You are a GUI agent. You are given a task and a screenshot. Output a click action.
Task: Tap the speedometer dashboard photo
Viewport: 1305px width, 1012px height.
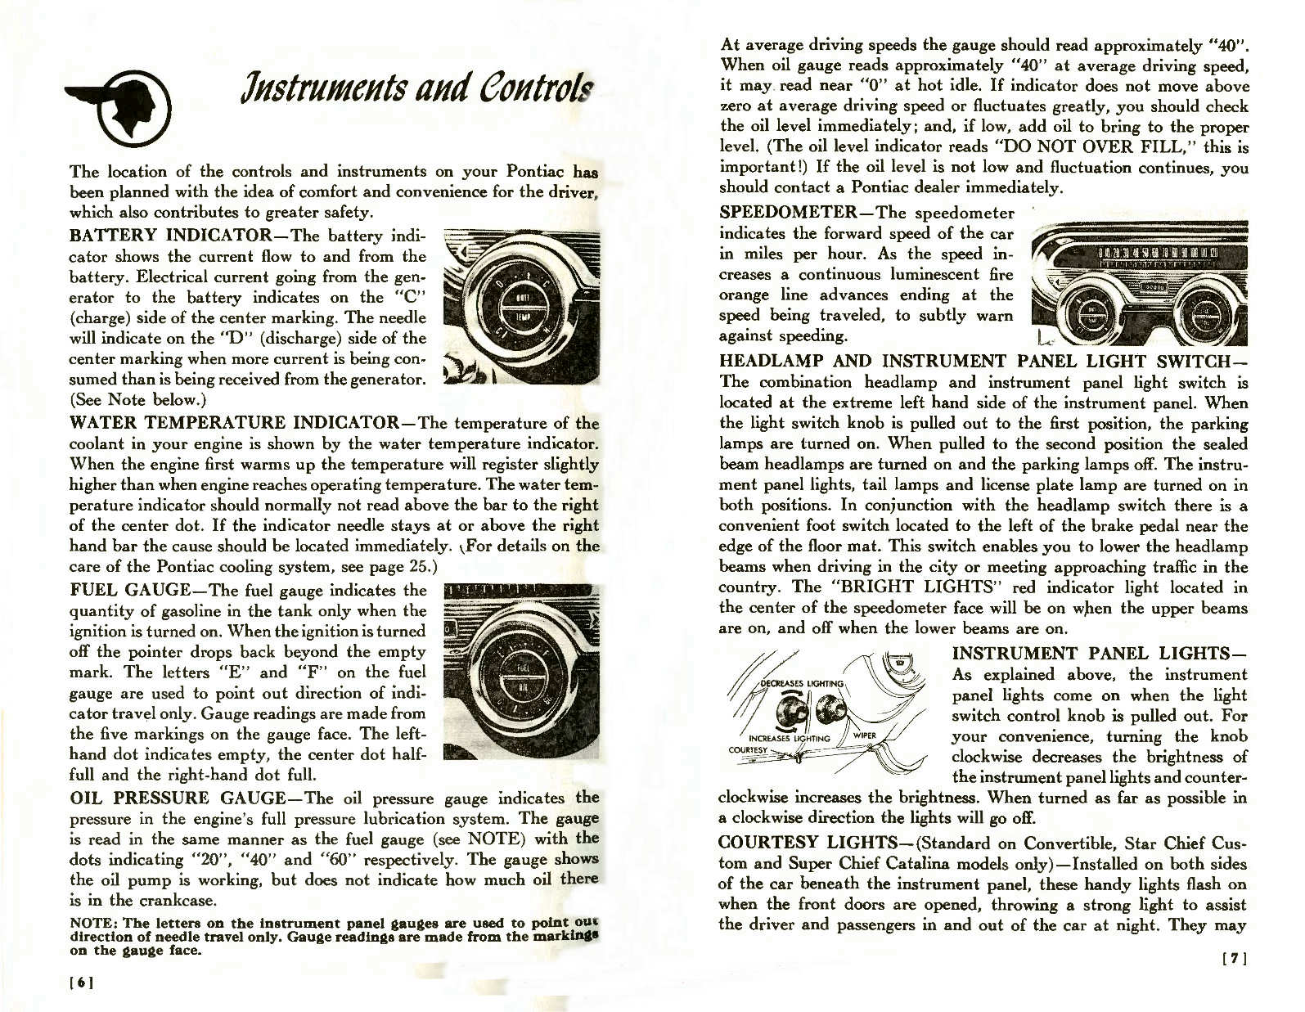coord(1140,283)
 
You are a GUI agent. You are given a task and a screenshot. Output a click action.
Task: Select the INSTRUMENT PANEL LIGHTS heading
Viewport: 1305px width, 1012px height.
coord(1099,653)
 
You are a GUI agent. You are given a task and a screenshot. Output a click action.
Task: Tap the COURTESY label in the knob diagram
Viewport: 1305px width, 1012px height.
coord(748,749)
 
